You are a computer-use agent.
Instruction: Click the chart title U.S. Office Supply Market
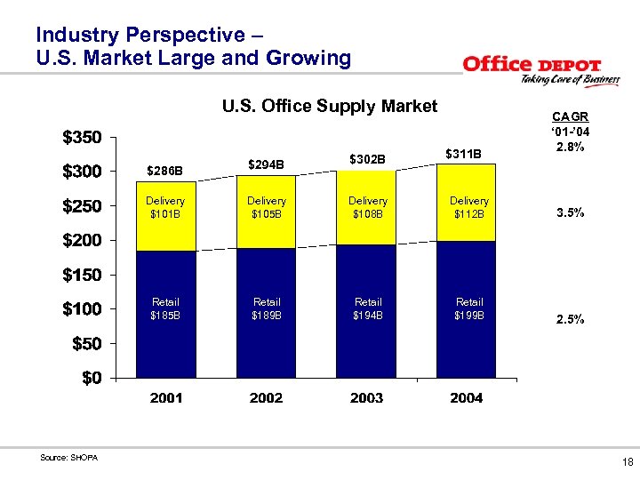pos(329,107)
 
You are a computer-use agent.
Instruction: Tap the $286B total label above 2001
pos(166,169)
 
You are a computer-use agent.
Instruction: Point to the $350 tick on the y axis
pos(82,138)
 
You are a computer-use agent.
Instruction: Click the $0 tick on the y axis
pos(92,378)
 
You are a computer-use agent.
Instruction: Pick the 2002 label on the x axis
pos(267,398)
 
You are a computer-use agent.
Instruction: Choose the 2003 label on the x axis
pos(367,398)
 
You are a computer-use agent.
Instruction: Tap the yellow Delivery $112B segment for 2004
pos(468,208)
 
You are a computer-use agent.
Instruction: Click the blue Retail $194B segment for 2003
pos(367,309)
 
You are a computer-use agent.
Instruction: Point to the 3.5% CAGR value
pos(569,214)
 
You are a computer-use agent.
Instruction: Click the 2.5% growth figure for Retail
pos(569,319)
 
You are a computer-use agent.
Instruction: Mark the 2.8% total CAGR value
pos(569,148)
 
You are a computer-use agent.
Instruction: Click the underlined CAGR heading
pos(569,116)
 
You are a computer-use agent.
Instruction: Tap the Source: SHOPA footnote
pos(69,458)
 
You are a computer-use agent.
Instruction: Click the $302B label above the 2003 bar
pos(367,160)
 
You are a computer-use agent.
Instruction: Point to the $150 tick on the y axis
pos(82,276)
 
